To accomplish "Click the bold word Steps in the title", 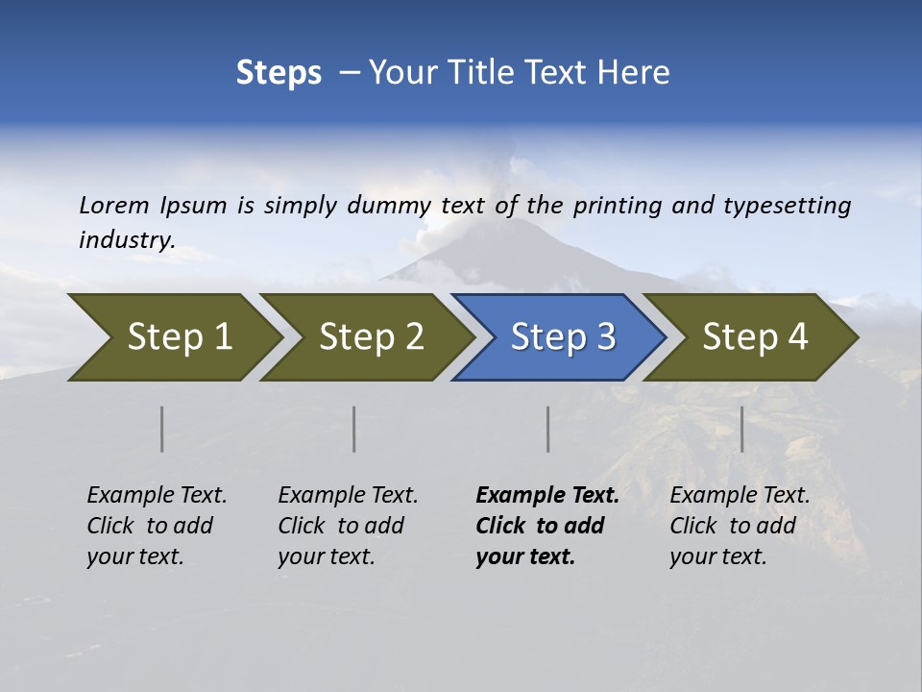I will (279, 72).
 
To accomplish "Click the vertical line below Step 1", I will (162, 429).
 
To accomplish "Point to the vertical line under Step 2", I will (354, 429).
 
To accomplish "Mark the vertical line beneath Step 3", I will (548, 429).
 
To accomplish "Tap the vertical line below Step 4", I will (742, 429).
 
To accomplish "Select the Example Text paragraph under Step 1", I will (157, 526).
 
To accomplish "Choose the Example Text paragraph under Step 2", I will (348, 526).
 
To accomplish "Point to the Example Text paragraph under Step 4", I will (740, 526).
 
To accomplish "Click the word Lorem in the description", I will (114, 206).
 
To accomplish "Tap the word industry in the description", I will (127, 240).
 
